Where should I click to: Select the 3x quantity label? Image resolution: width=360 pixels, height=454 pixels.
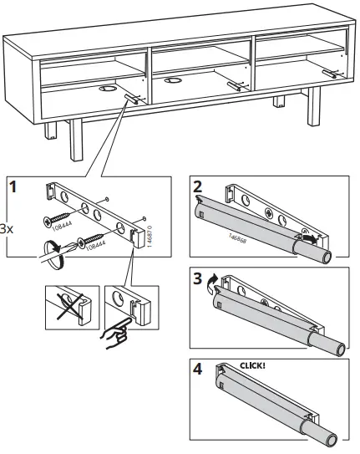coord(6,227)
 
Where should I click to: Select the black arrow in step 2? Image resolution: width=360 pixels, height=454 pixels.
coord(310,240)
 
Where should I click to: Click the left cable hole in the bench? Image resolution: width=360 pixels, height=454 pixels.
coord(107,87)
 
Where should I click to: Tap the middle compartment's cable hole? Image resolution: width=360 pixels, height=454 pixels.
coord(173,81)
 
